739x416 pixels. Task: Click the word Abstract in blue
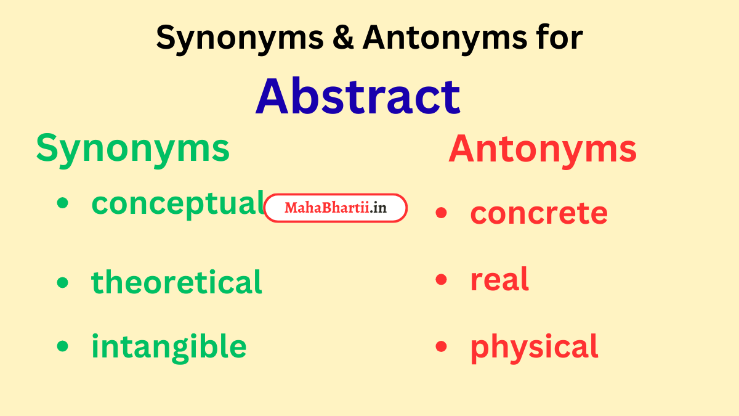click(358, 97)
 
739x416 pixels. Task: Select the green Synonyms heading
click(132, 149)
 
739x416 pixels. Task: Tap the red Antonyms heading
click(542, 149)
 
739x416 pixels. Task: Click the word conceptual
click(177, 203)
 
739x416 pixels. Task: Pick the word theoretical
click(177, 282)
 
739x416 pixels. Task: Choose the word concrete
click(539, 213)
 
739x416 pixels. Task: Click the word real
click(499, 280)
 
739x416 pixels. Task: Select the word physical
click(534, 346)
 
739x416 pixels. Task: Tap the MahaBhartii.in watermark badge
click(336, 208)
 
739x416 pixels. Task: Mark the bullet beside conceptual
click(62, 204)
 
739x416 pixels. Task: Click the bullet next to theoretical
click(62, 283)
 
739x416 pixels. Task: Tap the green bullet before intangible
click(62, 346)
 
